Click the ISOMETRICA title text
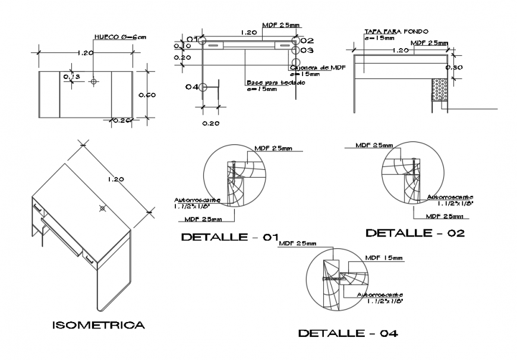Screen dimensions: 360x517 pos(98,325)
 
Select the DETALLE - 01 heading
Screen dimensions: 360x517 pos(229,237)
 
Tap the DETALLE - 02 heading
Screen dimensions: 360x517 pos(415,232)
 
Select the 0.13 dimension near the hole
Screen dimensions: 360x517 pos(72,77)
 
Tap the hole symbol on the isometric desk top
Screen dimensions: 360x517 pos(103,209)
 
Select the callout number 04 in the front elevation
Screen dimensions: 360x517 pos(191,87)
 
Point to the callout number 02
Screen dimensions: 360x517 pos(307,40)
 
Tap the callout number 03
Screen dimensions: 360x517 pos(307,50)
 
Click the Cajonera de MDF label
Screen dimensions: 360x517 pos(318,68)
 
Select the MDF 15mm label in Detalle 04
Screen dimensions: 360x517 pos(384,258)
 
